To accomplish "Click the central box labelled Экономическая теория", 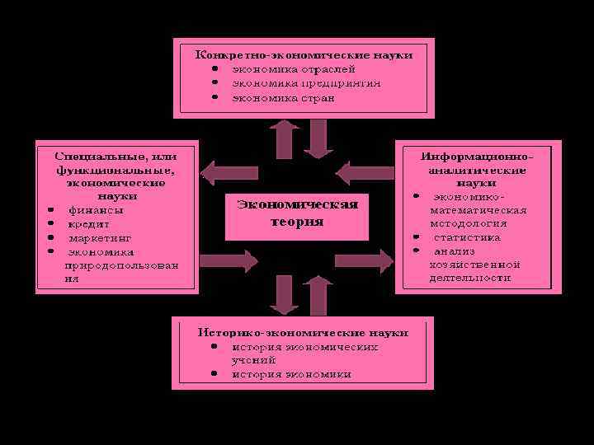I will [x=297, y=213].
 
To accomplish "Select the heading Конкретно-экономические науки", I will [x=304, y=54].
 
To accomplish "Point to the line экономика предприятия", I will [x=305, y=83].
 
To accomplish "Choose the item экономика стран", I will [x=283, y=97].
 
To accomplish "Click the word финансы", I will [x=96, y=209].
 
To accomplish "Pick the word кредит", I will [x=89, y=223].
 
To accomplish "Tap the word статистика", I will [x=467, y=237].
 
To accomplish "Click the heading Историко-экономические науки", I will [x=303, y=332].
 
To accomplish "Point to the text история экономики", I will [x=290, y=374].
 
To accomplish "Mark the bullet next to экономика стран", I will [x=214, y=97].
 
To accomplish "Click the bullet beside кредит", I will [x=50, y=223].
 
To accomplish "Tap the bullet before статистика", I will [x=417, y=237].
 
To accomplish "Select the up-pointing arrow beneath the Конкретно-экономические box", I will [x=285, y=138].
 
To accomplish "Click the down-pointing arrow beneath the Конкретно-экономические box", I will [x=318, y=138].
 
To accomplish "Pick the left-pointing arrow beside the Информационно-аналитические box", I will [x=354, y=173].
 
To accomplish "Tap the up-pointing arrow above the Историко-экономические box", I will [x=317, y=293].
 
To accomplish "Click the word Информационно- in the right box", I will [x=478, y=155].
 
